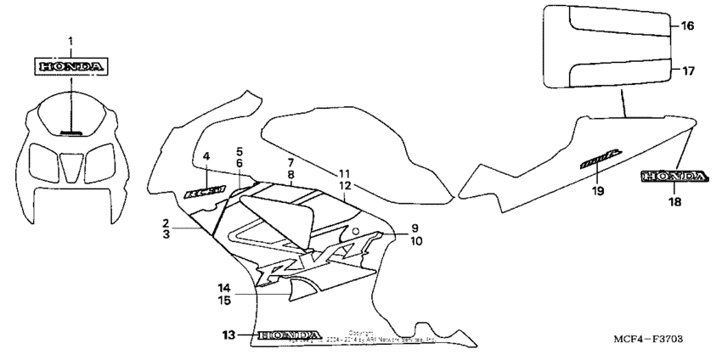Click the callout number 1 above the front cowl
pos(71,41)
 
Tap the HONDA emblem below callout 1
pos(71,65)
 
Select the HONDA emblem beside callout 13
pos(290,335)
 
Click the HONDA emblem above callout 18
pos(674,177)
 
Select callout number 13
pos(228,335)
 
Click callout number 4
pos(206,156)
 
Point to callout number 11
pos(345,173)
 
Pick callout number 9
pos(415,228)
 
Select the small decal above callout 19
pos(601,159)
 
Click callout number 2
pos(166,222)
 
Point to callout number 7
pos(290,162)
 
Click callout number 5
pos(240,151)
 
